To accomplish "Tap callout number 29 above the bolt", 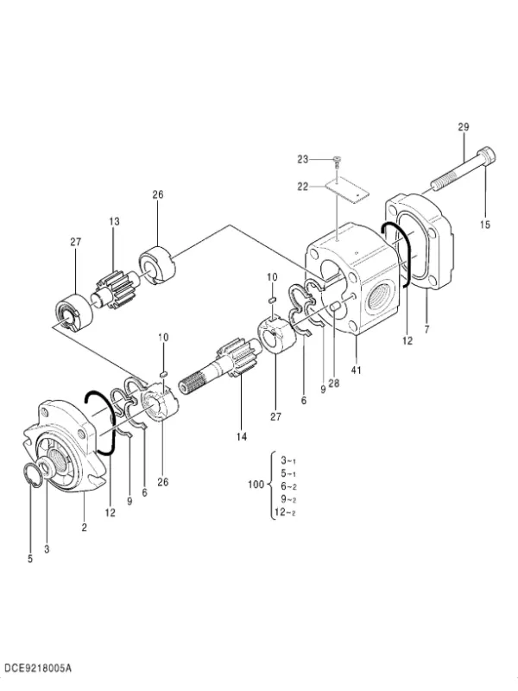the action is (x=464, y=127).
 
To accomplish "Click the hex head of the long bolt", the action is (x=487, y=155).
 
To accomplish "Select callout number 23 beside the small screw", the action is (x=303, y=159).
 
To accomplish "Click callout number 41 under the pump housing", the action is (x=356, y=371).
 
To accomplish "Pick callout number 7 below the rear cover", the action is (x=426, y=329).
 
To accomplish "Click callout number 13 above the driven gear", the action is (x=114, y=221).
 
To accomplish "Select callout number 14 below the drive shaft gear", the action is (x=242, y=437).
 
